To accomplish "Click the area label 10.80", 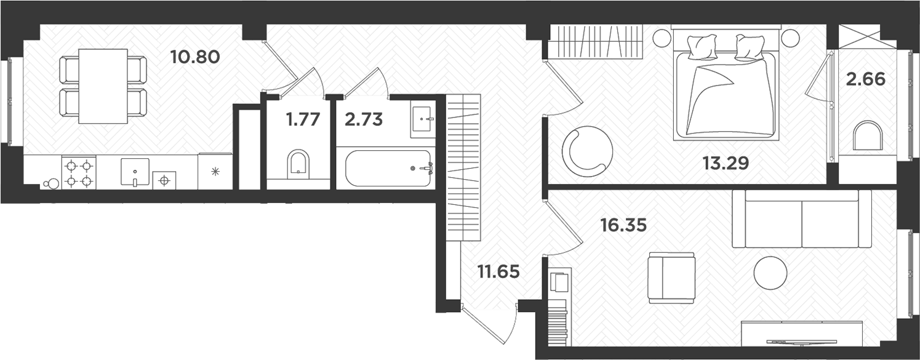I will pos(195,58).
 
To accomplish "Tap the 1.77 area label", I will pos(303,119).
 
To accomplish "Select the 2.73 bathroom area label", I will pos(364,119).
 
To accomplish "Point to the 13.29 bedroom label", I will pos(725,164).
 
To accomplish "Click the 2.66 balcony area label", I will pos(865,79).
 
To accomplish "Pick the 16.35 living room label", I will pos(624,225).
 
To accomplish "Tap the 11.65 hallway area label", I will pos(499,271).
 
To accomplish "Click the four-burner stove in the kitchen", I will pos(79,173).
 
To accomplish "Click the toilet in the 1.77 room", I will pos(299,164).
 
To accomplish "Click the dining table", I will pos(103,86).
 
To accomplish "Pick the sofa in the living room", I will pos(802,218).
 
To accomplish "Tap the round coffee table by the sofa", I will pos(770,273).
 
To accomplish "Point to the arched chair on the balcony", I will pos(868,136).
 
